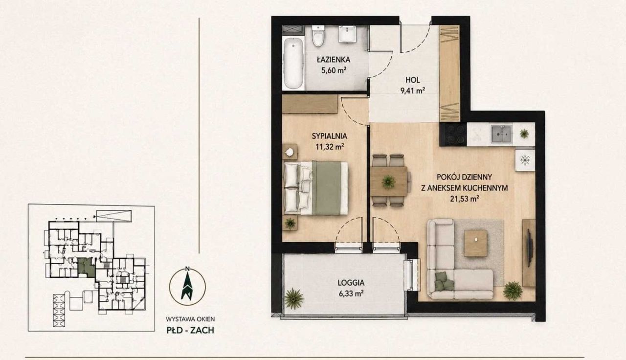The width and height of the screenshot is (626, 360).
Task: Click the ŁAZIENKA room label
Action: click(x=334, y=60)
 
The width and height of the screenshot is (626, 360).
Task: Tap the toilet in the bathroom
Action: click(x=318, y=36)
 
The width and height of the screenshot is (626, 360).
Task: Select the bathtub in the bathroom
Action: click(x=293, y=63)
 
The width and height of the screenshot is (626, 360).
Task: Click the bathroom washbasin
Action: click(x=347, y=34)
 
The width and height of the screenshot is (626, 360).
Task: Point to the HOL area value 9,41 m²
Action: click(x=413, y=90)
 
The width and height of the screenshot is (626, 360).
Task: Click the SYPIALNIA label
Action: click(x=330, y=136)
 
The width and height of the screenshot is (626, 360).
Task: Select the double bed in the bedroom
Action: click(x=316, y=188)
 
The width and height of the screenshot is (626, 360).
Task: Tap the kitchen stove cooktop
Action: click(x=453, y=135)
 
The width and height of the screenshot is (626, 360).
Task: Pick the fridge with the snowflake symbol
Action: click(x=525, y=160)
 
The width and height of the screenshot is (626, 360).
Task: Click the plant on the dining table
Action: click(x=388, y=182)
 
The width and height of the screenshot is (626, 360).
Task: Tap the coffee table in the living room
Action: click(x=476, y=243)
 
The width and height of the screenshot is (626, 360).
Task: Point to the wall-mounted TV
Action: click(x=529, y=247)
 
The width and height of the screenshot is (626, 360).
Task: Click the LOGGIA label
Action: click(x=351, y=283)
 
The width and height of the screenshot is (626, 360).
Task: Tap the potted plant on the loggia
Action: click(x=294, y=298)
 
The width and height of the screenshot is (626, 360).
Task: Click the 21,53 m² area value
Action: click(x=465, y=199)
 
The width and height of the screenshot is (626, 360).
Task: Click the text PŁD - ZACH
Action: click(x=190, y=330)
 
